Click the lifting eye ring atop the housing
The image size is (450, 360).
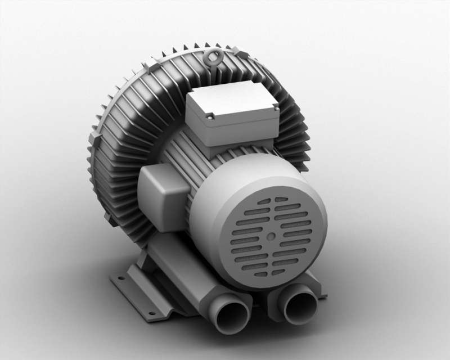pos(214,57)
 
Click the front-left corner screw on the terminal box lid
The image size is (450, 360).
pos(210,118)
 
